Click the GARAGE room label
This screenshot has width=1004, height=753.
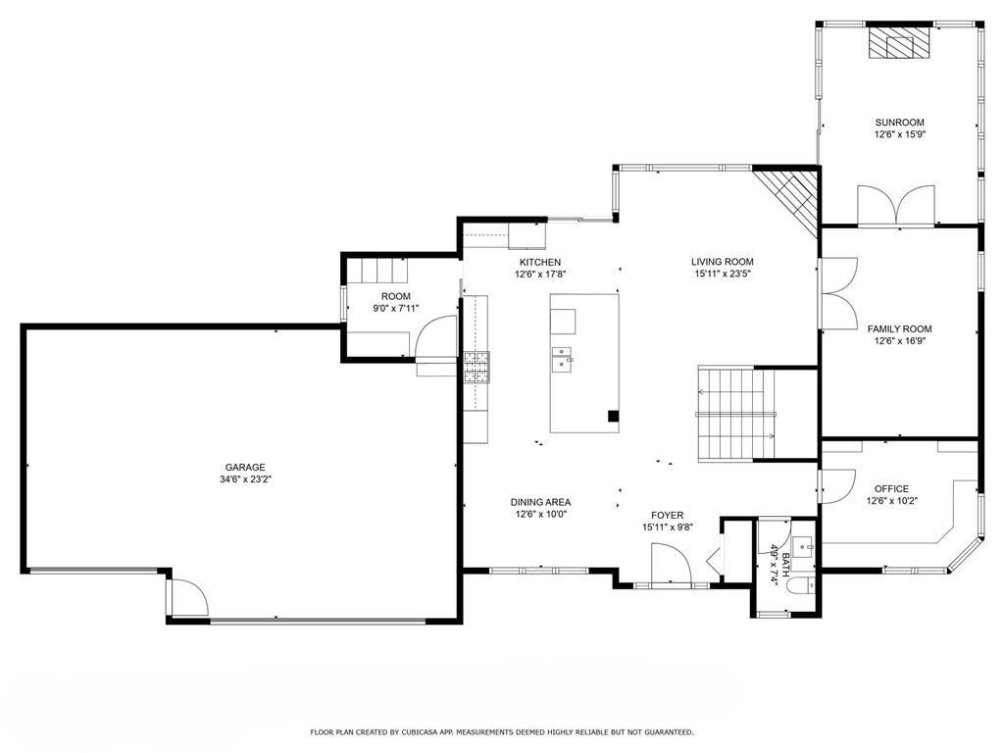[x=244, y=468]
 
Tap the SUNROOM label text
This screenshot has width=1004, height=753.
[x=900, y=123]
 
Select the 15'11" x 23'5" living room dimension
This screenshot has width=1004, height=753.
[x=723, y=275]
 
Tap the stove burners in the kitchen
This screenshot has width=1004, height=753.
[x=477, y=368]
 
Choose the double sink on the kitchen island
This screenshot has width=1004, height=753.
[x=562, y=359]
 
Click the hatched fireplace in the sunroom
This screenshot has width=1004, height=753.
[x=899, y=43]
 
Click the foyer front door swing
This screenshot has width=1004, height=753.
[x=671, y=564]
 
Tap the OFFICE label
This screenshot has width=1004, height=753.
[x=892, y=489]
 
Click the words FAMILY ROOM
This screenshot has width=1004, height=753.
[x=900, y=329]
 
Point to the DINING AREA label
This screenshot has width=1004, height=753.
[x=540, y=503]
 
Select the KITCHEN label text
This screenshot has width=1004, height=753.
[x=540, y=262]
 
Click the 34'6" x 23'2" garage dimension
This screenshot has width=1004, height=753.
[x=246, y=479]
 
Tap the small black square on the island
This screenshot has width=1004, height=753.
[x=614, y=416]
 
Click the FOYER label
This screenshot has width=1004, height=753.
[x=667, y=516]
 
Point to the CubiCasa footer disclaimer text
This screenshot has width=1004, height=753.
[x=501, y=731]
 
